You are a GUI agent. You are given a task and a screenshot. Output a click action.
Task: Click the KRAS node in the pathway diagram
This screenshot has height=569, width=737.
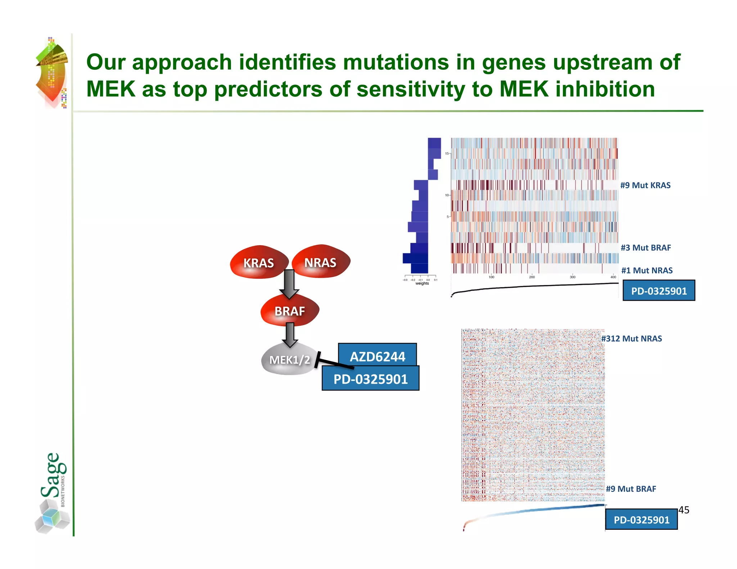click(258, 263)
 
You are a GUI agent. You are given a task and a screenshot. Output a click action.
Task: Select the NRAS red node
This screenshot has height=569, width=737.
click(320, 262)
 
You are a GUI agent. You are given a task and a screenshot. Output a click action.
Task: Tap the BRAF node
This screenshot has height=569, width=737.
click(290, 311)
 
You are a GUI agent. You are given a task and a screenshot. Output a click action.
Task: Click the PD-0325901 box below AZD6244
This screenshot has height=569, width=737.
click(370, 379)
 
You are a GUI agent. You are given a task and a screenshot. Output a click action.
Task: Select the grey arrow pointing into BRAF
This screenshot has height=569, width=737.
click(289, 284)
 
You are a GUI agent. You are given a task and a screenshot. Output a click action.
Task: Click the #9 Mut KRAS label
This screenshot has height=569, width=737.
click(645, 185)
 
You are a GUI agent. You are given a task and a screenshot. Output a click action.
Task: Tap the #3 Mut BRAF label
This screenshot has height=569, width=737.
click(646, 248)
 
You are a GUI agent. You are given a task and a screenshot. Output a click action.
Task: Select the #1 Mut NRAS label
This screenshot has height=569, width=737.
click(647, 270)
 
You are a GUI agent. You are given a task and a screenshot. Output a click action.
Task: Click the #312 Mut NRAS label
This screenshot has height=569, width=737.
click(632, 338)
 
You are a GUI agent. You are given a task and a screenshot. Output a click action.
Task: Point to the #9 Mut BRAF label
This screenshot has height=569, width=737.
click(631, 489)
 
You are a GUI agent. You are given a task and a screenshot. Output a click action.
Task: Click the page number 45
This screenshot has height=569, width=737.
click(684, 510)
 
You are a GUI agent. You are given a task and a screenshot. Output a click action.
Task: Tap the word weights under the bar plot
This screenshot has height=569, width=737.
click(422, 283)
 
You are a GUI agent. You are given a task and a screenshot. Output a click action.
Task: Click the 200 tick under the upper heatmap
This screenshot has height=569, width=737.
click(532, 277)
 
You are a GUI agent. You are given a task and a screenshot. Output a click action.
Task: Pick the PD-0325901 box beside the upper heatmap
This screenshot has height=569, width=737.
click(659, 291)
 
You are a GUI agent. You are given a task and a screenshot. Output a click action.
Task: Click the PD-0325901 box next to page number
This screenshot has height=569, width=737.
click(641, 520)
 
